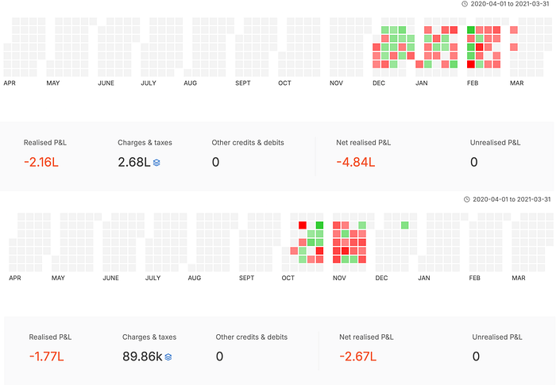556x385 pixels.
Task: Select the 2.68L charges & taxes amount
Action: click(133, 162)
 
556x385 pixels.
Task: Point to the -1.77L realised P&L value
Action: click(46, 356)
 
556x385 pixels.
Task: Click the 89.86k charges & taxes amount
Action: click(142, 356)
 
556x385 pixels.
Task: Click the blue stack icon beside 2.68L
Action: click(157, 162)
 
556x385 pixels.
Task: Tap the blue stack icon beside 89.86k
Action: click(168, 356)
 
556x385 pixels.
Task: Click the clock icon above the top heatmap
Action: click(464, 4)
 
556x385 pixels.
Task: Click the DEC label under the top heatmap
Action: click(380, 83)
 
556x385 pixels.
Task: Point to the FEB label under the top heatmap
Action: click(472, 83)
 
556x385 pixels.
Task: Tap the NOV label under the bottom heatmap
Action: click(339, 278)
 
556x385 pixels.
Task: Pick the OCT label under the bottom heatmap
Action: click(288, 278)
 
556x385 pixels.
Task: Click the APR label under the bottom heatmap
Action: click(14, 278)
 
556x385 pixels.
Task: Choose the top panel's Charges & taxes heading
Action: click(145, 143)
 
